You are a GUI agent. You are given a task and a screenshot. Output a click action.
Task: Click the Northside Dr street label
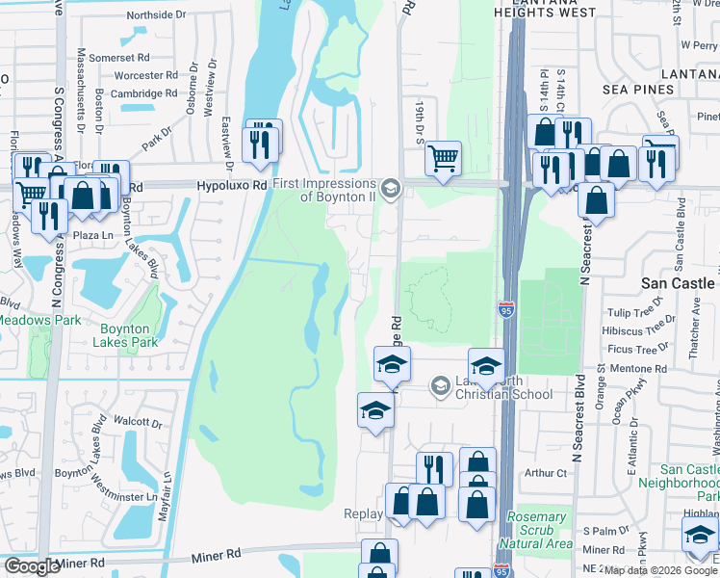[x=155, y=15]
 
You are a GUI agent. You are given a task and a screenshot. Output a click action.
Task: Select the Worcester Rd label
[x=145, y=75]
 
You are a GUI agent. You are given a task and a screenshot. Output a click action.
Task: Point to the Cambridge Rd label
[x=144, y=93]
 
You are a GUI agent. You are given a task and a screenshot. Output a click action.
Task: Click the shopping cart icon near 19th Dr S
[x=443, y=157]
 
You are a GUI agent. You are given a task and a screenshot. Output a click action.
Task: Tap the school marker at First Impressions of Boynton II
[x=390, y=188]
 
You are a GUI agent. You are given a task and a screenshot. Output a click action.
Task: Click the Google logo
[x=32, y=566]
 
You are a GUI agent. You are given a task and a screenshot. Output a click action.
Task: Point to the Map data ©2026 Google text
[x=659, y=570]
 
